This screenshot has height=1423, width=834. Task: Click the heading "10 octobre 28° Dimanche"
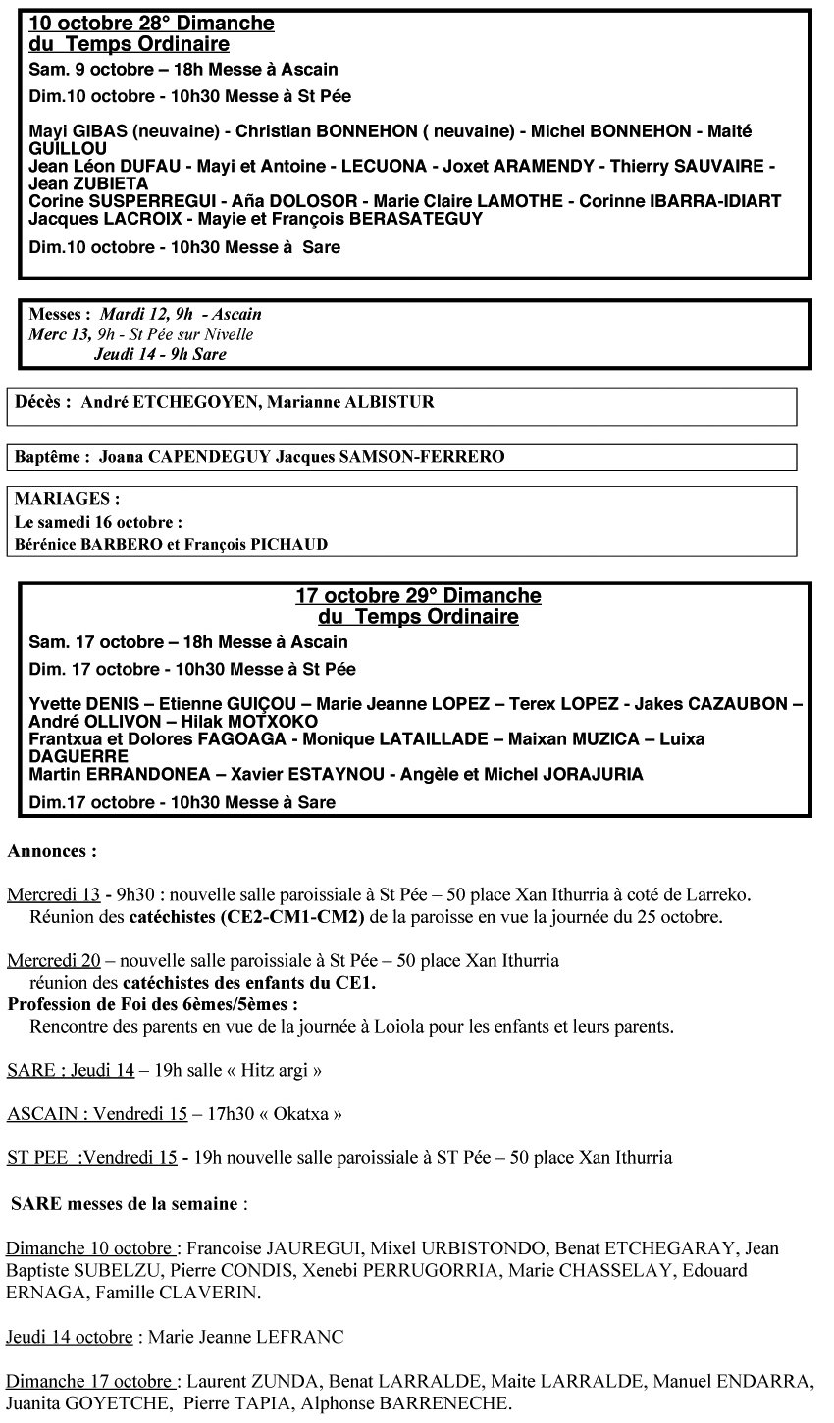(x=152, y=24)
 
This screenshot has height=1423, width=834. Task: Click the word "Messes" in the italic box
(x=59, y=315)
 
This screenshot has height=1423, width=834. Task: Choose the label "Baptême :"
(x=53, y=456)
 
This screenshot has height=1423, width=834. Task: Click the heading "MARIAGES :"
(x=68, y=499)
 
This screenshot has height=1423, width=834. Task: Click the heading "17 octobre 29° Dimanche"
(x=418, y=596)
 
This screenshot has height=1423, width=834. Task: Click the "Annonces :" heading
(x=52, y=851)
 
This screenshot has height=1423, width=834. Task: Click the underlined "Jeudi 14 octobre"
(x=69, y=1337)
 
